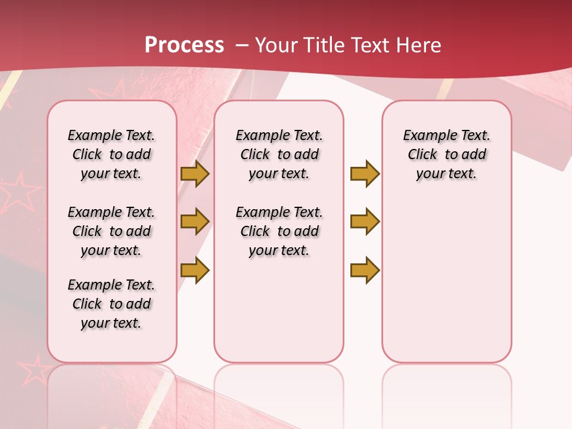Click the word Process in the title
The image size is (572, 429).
point(184,45)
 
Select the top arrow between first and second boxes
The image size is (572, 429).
point(195,173)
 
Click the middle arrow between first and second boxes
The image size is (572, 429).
point(195,222)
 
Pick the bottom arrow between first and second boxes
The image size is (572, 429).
point(195,270)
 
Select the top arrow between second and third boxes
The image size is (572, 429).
point(365,173)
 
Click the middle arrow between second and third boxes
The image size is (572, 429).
point(365,222)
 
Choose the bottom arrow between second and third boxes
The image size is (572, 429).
point(365,270)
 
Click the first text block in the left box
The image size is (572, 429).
point(111,154)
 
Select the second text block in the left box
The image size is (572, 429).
point(111,231)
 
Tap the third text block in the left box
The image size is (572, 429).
point(111,304)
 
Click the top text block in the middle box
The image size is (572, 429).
point(279,154)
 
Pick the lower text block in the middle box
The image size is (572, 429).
point(279,231)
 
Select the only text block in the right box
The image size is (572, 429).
point(446,154)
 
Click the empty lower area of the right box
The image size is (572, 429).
point(446,280)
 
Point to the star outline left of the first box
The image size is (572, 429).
point(21,191)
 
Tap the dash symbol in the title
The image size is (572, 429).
point(241,45)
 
